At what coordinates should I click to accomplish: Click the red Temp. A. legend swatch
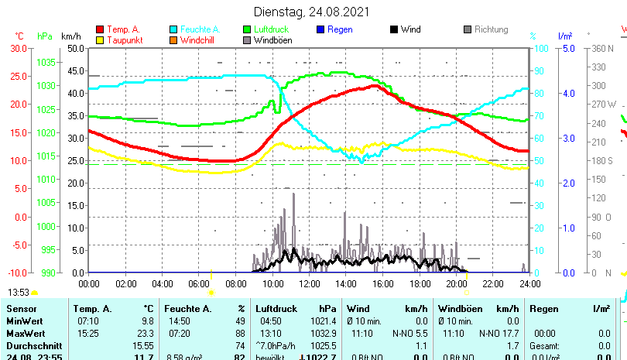[100, 29]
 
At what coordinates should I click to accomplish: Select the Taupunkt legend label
[124, 40]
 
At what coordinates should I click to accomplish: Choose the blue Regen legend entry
[340, 29]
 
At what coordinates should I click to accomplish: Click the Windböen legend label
[273, 40]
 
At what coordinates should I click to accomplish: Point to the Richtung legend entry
[491, 29]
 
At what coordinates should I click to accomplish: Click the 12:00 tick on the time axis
[309, 284]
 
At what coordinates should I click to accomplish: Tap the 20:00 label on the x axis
[456, 284]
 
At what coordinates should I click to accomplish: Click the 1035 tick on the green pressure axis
[46, 62]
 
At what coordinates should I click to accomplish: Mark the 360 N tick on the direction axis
[601, 48]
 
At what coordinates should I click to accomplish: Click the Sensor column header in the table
[22, 309]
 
